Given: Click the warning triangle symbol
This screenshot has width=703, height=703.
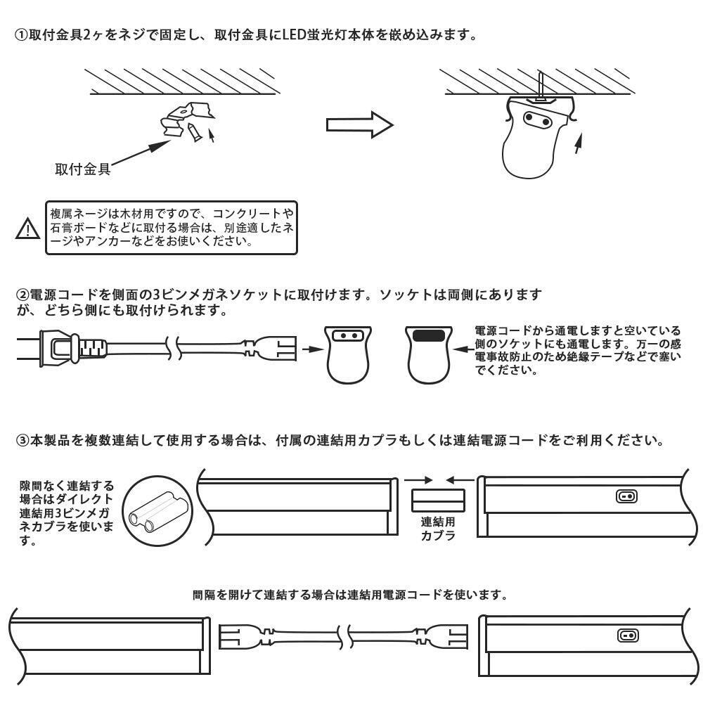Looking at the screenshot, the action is tap(28, 228).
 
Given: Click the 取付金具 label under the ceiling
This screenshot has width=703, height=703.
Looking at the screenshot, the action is tap(82, 169).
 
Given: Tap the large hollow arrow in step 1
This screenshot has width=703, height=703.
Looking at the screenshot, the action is tap(359, 125).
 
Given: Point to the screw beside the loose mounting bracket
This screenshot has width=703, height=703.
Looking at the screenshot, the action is tap(193, 133).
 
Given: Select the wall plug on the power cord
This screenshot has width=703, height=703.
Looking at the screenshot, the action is tap(63, 347).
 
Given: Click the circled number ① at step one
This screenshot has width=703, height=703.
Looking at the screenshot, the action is tap(22, 34).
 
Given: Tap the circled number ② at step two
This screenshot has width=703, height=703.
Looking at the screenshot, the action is tap(22, 295).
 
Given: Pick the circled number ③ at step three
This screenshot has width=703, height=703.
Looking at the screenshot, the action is tap(22, 440).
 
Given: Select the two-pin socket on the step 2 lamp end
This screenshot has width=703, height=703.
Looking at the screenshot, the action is tap(348, 335).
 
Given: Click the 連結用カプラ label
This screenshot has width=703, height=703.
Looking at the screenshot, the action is tap(438, 529).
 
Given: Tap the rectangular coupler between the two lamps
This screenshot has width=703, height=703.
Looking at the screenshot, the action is tap(438, 501).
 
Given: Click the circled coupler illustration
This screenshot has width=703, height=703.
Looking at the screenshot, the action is tap(157, 511).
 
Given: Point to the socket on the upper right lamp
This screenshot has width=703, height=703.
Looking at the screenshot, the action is tap(627, 496).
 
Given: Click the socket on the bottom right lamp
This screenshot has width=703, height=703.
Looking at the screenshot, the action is tap(627, 636).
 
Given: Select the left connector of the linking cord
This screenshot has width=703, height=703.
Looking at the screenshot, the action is tap(245, 637).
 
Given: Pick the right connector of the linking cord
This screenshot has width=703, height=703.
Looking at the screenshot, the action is tap(441, 637).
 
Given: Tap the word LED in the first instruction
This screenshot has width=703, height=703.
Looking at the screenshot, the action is tap(295, 34).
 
